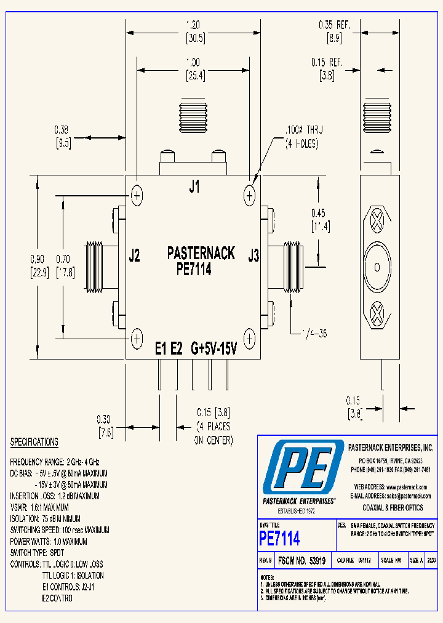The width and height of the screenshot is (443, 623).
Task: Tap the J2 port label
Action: click(134, 255)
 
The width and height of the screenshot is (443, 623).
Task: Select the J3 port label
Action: click(253, 255)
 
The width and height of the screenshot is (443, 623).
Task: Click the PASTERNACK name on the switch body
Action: click(201, 253)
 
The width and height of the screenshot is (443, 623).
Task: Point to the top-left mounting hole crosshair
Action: click(137, 196)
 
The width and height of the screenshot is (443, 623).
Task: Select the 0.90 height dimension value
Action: click(38, 258)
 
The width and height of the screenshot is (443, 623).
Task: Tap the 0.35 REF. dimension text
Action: click(334, 25)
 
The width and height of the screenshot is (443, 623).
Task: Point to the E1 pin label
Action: click(161, 348)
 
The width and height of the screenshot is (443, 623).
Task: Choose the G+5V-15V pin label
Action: click(214, 348)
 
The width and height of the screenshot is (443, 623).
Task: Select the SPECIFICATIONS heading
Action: click(34, 442)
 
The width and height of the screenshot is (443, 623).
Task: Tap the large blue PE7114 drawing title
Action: click(280, 539)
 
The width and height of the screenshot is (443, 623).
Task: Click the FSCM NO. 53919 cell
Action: click(301, 561)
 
